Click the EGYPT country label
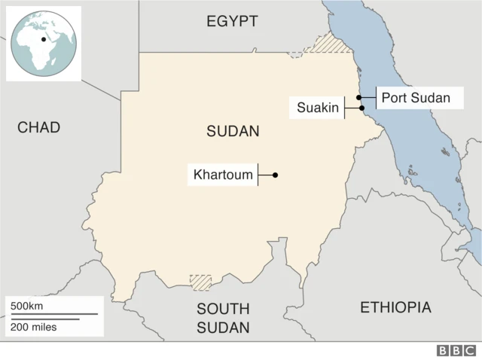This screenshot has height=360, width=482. tap(233, 21)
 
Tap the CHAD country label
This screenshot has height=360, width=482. tap(38, 127)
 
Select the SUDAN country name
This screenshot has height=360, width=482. tap(233, 131)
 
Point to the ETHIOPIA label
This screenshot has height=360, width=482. tap(395, 307)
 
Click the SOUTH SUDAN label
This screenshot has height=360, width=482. tap(223, 318)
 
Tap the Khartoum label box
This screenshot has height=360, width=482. tap(223, 175)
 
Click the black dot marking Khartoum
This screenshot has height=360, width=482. tap(276, 175)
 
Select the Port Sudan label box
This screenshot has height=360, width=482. tap(415, 97)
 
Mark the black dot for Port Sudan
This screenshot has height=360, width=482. tap(360, 97)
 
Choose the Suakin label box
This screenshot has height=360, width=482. tap(317, 108)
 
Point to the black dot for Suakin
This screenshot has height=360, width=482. tap(362, 108)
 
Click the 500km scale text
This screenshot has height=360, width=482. tap(26, 307)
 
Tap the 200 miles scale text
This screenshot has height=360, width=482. tap(33, 327)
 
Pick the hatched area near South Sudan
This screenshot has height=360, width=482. tap(200, 282)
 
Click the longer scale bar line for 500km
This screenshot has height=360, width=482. tap(53, 314)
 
